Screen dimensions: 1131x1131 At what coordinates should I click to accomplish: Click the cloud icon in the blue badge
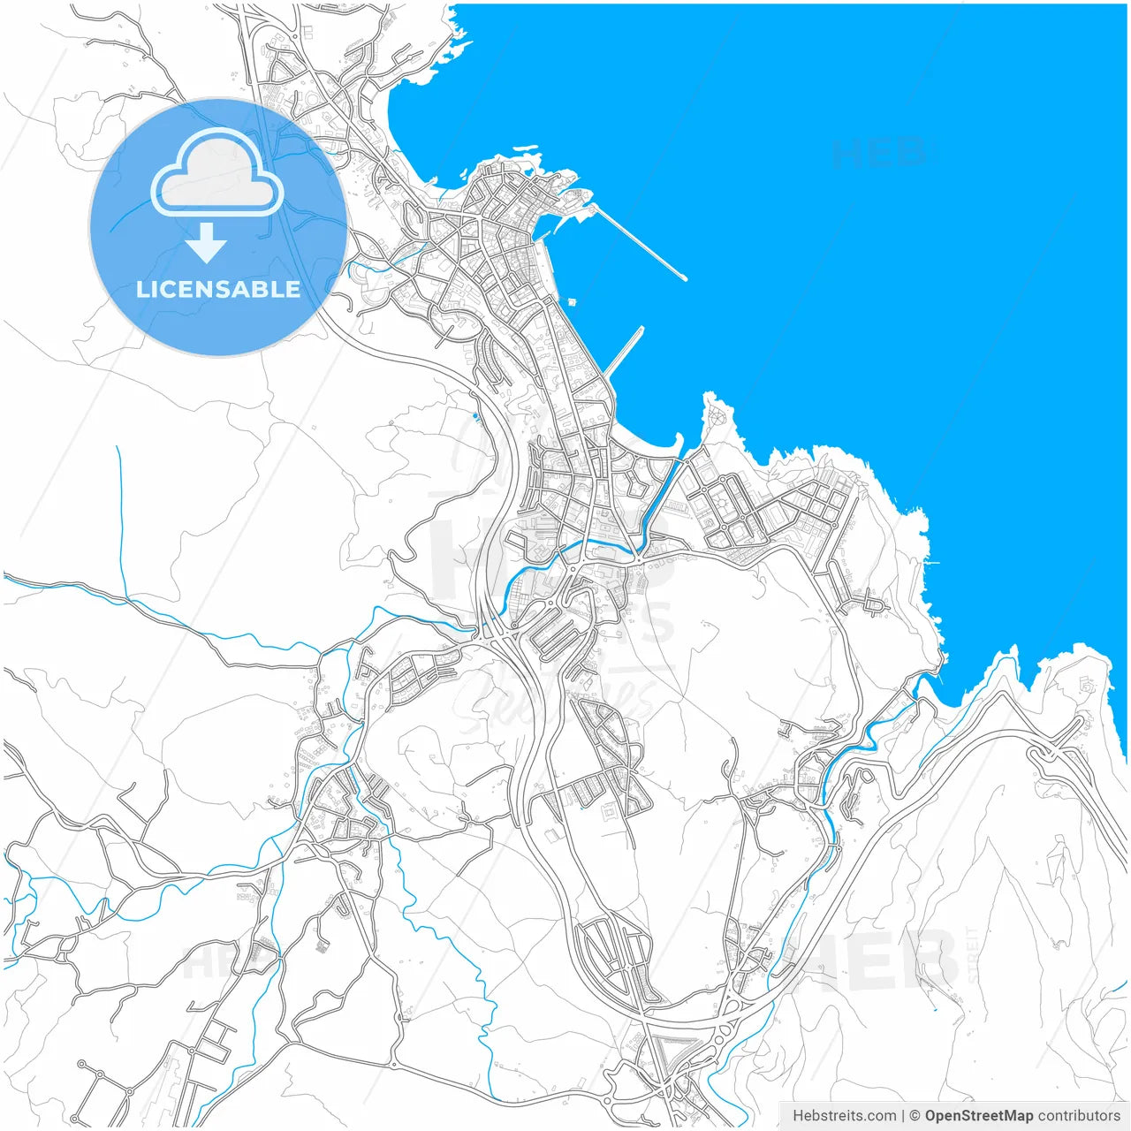pos(217,172)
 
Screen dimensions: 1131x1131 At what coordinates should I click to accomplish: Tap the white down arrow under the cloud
pos(207,242)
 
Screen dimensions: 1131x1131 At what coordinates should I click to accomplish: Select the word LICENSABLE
pos(218,289)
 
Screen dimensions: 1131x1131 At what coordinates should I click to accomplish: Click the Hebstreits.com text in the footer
pos(844,1115)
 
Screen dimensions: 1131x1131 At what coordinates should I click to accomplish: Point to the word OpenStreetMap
pos(978,1115)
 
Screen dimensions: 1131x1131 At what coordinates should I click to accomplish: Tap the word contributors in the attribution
pos(1078,1115)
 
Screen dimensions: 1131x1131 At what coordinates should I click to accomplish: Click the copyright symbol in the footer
pos(915,1115)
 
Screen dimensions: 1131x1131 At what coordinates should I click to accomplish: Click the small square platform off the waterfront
pos(573,301)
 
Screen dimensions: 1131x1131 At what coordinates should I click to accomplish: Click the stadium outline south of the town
pos(611,809)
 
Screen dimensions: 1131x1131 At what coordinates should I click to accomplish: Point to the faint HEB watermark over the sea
pos(879,153)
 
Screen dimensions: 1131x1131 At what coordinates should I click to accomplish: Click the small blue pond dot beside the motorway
pos(475,415)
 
